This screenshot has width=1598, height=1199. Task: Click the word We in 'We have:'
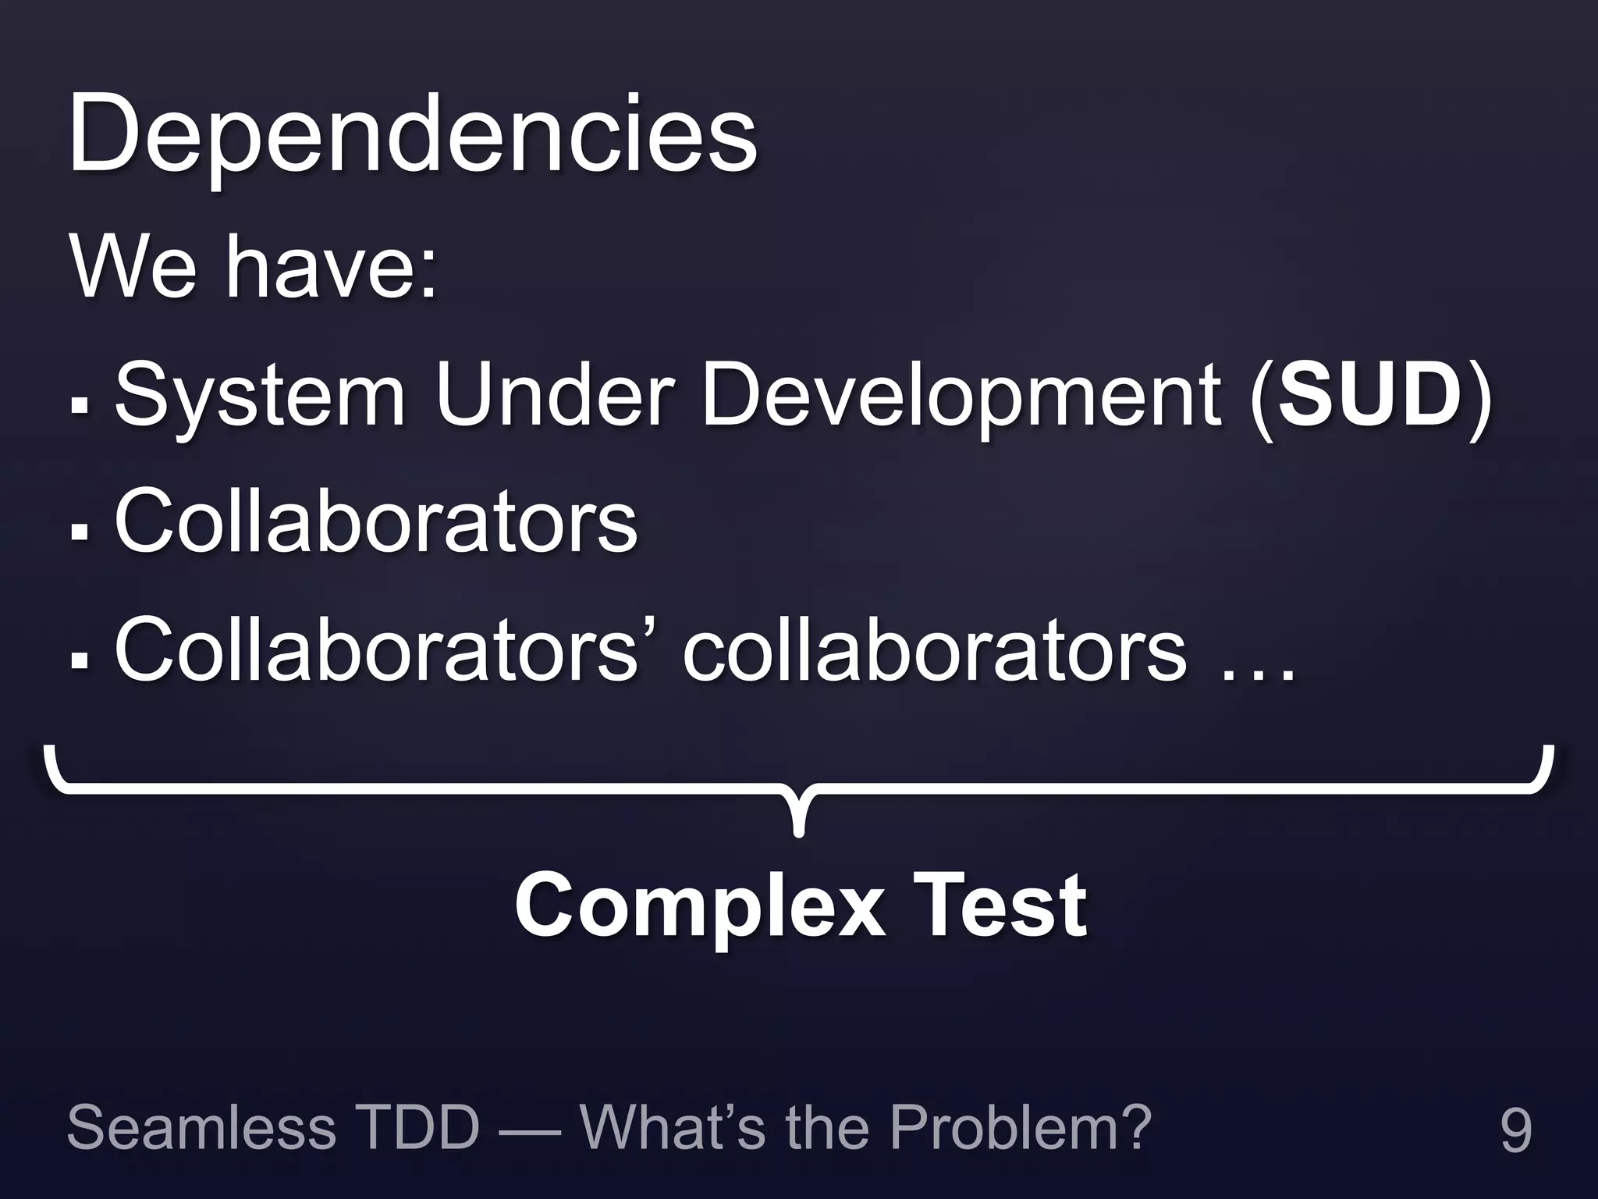pos(133,267)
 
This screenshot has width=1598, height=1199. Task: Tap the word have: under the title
pos(331,267)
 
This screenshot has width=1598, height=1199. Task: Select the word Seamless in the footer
pos(201,1127)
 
